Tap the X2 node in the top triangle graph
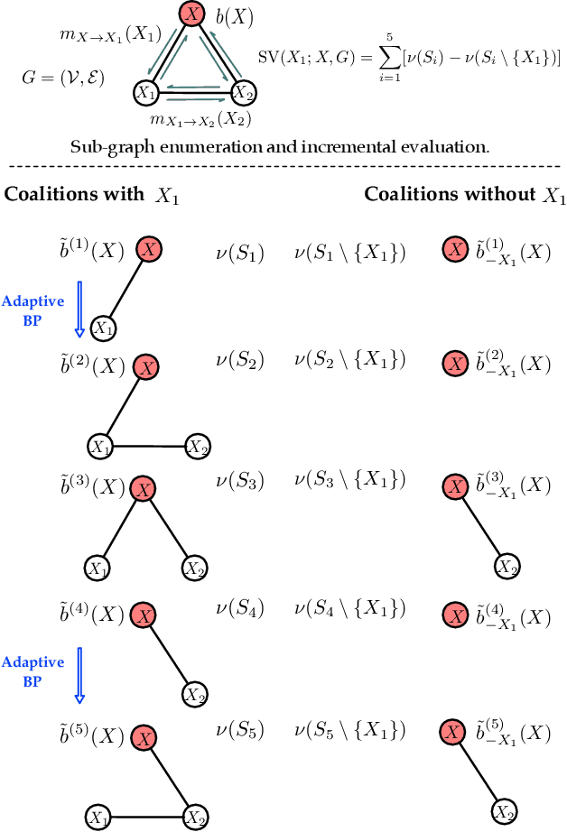point(241,91)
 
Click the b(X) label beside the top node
point(235,15)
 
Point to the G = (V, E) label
point(62,78)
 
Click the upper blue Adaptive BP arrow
point(79,308)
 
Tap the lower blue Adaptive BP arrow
point(79,676)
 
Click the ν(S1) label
point(239,254)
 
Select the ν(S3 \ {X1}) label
point(349,483)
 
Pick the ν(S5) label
point(239,729)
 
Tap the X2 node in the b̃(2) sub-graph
point(198,445)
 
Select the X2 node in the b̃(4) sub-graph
point(194,694)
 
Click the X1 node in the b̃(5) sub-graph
point(98,818)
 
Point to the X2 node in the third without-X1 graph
point(507,567)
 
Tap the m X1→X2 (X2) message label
point(200,118)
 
